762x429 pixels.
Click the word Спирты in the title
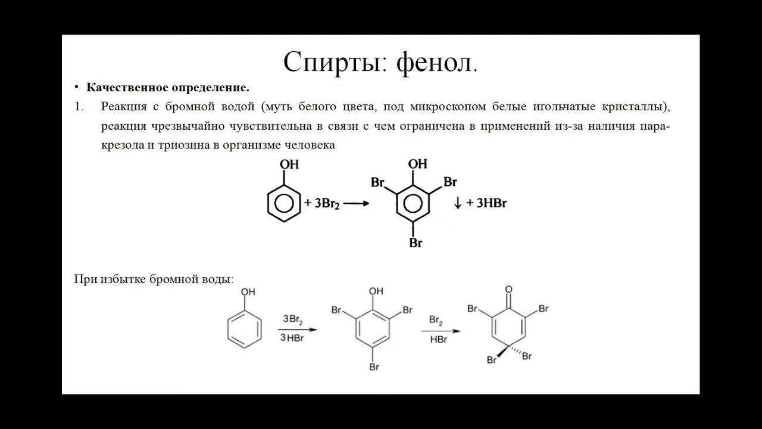click(x=332, y=62)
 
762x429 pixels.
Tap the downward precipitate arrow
click(x=458, y=203)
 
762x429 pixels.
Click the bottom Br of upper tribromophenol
click(x=416, y=243)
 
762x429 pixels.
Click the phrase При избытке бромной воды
click(x=154, y=279)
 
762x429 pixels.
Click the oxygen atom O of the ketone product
click(x=508, y=290)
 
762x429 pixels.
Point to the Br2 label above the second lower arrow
click(x=436, y=321)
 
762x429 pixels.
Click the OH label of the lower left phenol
click(x=248, y=292)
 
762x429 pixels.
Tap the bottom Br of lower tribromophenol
click(x=374, y=367)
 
